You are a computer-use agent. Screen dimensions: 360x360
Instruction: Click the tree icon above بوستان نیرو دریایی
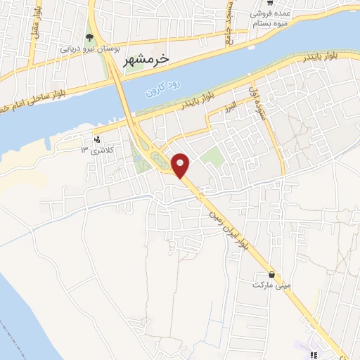89,37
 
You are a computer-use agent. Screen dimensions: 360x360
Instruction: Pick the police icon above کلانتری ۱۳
97,139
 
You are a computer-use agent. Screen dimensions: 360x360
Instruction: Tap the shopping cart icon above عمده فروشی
280,3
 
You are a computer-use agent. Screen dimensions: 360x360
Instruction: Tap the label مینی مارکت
271,285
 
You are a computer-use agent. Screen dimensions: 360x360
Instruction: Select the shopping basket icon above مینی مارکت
271,274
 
